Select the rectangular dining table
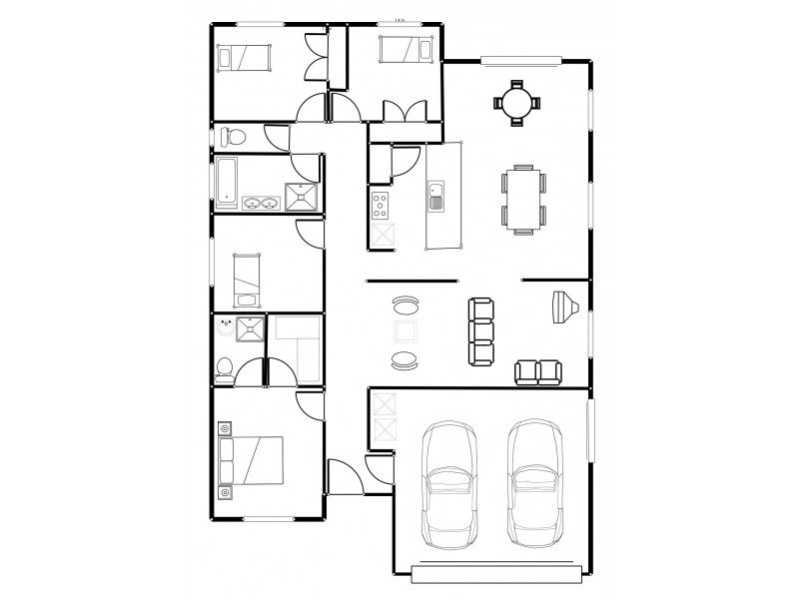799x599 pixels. tap(523, 199)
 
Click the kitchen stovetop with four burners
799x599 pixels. tap(382, 206)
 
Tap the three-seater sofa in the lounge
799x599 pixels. tap(481, 330)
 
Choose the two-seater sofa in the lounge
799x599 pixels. tap(538, 371)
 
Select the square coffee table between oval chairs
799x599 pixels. tap(406, 332)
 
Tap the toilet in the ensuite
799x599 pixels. tap(225, 368)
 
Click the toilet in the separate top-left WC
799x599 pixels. tap(232, 136)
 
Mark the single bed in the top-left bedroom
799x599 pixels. tap(247, 58)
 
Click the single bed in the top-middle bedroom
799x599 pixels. tap(404, 48)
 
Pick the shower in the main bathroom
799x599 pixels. tap(302, 196)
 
